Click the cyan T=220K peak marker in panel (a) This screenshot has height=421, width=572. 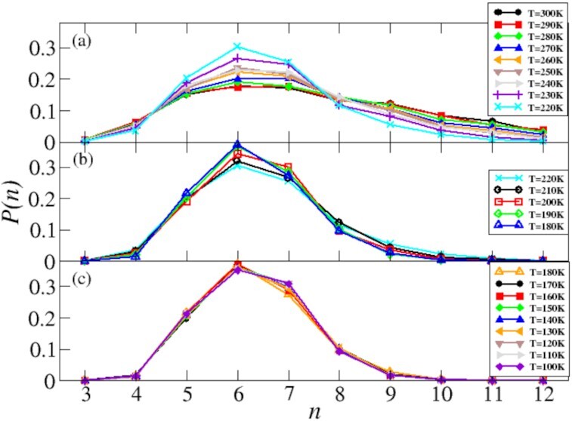[237, 47]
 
